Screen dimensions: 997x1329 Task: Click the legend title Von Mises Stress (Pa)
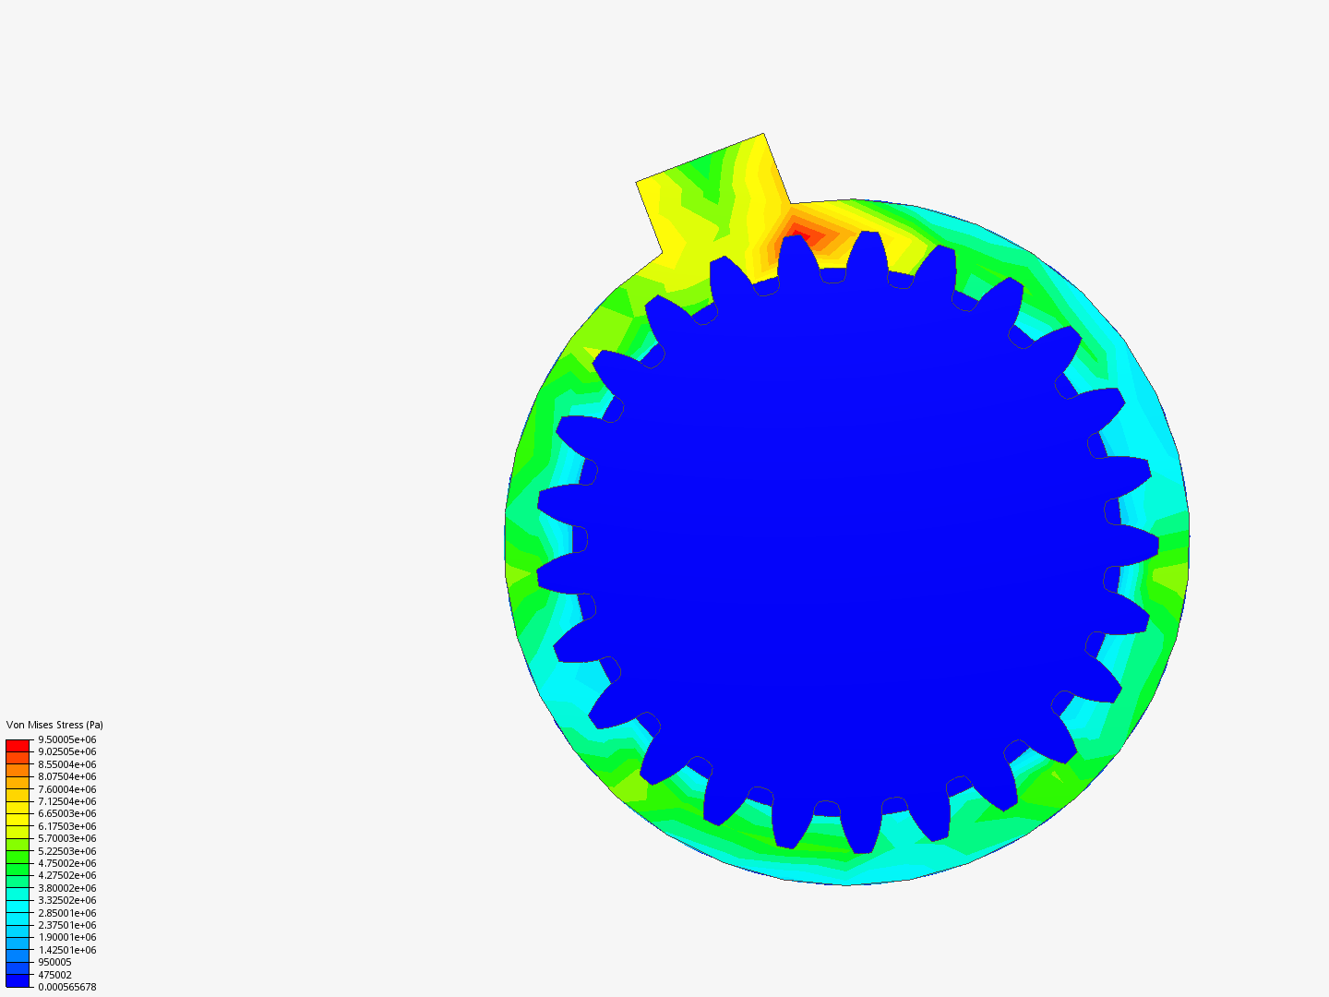point(54,725)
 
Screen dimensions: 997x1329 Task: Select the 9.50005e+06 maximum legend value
point(66,739)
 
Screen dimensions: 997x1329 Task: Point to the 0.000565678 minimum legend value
point(66,987)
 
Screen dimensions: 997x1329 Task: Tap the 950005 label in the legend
point(54,962)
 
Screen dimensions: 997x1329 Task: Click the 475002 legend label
point(54,975)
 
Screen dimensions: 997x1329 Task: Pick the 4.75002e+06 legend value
point(66,863)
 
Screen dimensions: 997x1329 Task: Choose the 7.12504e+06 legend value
point(66,801)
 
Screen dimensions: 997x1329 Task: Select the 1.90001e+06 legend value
point(66,937)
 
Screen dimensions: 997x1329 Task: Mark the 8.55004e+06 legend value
point(66,764)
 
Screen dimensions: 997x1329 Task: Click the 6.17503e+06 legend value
point(66,826)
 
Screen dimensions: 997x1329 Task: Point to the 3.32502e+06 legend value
point(66,900)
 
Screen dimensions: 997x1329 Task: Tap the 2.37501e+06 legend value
point(66,925)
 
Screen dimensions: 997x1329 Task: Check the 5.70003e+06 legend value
point(66,838)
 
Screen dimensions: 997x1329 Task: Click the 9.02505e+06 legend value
point(66,751)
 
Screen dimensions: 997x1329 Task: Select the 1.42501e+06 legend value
point(66,950)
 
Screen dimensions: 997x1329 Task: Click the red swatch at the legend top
point(18,745)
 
